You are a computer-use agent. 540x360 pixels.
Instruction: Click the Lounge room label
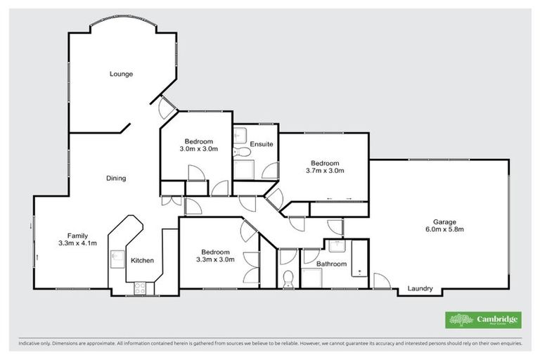(x=121, y=74)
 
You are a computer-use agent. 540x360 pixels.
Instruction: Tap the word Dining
(x=116, y=179)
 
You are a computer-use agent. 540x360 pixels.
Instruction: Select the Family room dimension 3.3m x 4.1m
(x=77, y=243)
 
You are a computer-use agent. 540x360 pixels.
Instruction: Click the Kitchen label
(x=142, y=261)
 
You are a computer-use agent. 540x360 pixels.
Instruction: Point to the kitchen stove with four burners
(x=139, y=287)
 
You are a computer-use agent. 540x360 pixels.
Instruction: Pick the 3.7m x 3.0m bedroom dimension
(x=325, y=170)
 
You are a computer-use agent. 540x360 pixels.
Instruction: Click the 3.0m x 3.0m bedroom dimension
(x=199, y=149)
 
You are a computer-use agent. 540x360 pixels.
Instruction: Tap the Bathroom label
(x=330, y=264)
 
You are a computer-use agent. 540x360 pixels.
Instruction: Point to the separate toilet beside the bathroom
(x=288, y=280)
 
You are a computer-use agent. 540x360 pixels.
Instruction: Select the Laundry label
(x=420, y=289)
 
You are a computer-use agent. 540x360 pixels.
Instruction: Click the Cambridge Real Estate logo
(x=483, y=319)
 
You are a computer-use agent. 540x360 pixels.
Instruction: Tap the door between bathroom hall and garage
(x=381, y=282)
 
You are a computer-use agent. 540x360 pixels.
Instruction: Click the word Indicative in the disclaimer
(x=31, y=344)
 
